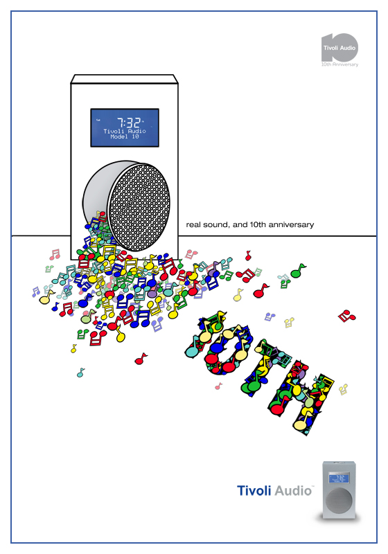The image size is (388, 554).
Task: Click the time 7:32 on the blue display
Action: pos(130,123)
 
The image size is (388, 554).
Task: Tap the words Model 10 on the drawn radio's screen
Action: pos(125,136)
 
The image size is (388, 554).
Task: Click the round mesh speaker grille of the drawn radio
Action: pos(139,206)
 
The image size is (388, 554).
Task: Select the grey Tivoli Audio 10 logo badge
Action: pos(339,48)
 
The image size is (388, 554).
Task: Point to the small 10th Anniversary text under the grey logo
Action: pos(339,64)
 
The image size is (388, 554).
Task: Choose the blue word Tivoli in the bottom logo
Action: pos(254,491)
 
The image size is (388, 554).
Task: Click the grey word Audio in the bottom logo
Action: pos(293,491)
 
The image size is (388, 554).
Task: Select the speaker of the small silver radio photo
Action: pos(339,501)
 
